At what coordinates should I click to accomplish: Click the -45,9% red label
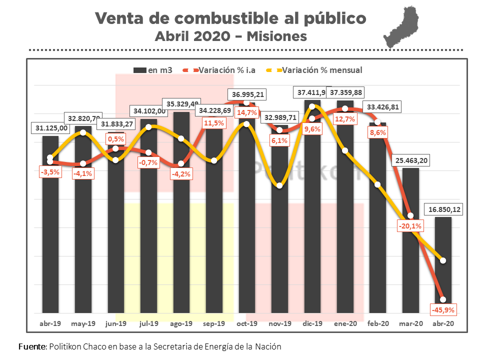point(443,309)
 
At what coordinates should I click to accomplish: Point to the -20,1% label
point(410,226)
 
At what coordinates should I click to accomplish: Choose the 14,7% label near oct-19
point(247,113)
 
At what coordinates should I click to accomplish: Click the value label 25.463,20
point(411,160)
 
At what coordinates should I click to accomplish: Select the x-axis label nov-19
point(279,324)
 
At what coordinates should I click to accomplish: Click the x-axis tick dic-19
point(312,324)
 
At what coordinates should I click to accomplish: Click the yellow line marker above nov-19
point(279,185)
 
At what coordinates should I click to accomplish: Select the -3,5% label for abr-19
point(50,172)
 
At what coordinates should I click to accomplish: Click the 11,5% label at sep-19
point(214,123)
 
